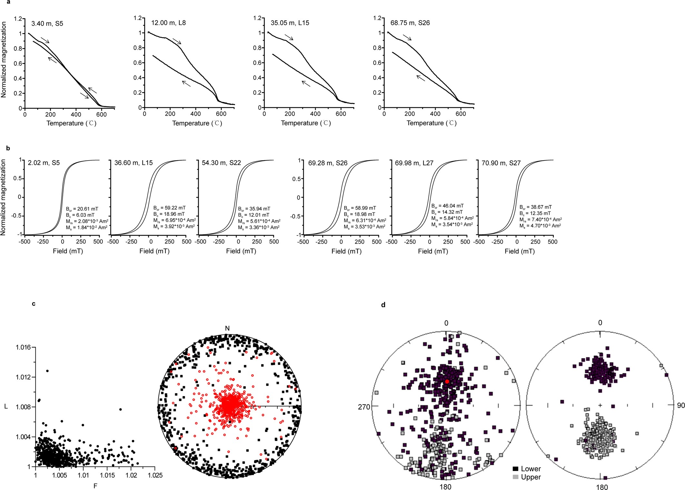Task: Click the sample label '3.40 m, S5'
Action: pyautogui.click(x=47, y=24)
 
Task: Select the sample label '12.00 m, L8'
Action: pyautogui.click(x=168, y=23)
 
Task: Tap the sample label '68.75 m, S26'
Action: pyautogui.click(x=410, y=23)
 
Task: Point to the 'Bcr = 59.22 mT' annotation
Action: pyautogui.click(x=169, y=208)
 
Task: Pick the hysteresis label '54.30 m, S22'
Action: pyautogui.click(x=221, y=163)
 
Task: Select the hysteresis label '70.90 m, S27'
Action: pyautogui.click(x=501, y=163)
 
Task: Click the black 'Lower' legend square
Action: pyautogui.click(x=515, y=469)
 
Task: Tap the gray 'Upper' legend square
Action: pyautogui.click(x=515, y=477)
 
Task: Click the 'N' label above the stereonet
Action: pyautogui.click(x=227, y=328)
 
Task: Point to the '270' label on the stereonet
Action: pyautogui.click(x=364, y=407)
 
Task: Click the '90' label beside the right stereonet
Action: pyautogui.click(x=681, y=406)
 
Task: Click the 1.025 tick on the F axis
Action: pyautogui.click(x=155, y=475)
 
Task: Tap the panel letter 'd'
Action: pyautogui.click(x=383, y=305)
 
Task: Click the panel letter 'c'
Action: pyautogui.click(x=34, y=304)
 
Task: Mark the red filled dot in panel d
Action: pyautogui.click(x=447, y=381)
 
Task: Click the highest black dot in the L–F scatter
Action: pyautogui.click(x=47, y=371)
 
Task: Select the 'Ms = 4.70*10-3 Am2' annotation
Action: pyautogui.click(x=540, y=226)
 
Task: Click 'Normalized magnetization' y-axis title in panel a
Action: pyautogui.click(x=4, y=60)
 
